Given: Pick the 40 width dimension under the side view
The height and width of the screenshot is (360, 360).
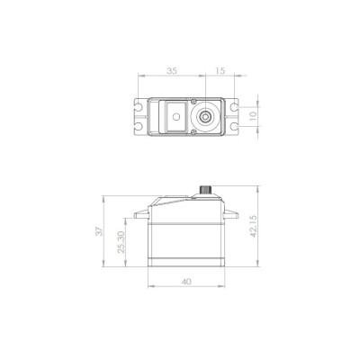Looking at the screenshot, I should (185, 282).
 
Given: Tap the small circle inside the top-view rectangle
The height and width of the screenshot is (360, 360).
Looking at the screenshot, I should (175, 116).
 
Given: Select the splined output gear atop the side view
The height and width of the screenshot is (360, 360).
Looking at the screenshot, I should (205, 191).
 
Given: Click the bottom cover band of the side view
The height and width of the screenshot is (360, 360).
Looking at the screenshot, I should (185, 260).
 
